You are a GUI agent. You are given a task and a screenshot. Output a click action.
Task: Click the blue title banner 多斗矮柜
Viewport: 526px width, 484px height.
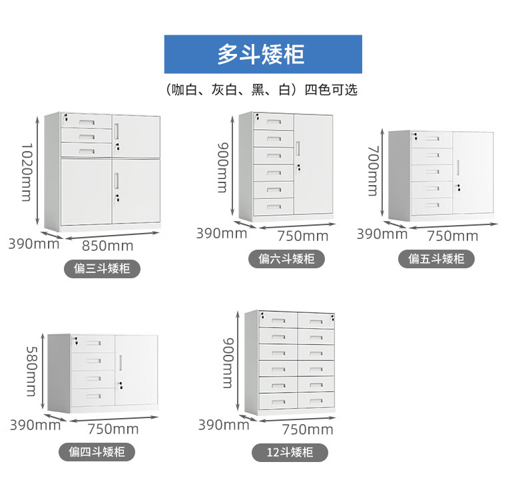(x=263, y=54)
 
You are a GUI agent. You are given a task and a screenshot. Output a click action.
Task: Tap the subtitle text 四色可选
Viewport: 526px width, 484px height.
(x=331, y=90)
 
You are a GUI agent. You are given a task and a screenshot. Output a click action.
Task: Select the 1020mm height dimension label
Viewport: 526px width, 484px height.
(x=26, y=172)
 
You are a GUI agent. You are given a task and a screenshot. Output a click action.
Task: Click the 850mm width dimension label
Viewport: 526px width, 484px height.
(x=108, y=246)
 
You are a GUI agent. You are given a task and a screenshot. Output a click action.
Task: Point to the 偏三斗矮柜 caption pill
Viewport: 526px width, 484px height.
(x=102, y=269)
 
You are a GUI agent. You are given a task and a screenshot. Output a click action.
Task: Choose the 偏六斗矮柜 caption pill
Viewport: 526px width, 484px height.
(x=286, y=258)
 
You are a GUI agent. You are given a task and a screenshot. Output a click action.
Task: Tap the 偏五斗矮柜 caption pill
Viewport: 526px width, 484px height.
(x=436, y=258)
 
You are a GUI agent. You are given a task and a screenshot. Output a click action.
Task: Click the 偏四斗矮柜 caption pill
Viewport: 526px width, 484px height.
(x=97, y=452)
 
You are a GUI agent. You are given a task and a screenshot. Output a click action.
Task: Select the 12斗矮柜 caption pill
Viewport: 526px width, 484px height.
(x=290, y=453)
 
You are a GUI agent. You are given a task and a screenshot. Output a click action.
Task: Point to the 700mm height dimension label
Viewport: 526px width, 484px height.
(x=374, y=170)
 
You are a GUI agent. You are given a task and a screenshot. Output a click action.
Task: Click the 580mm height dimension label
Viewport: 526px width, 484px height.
(x=31, y=371)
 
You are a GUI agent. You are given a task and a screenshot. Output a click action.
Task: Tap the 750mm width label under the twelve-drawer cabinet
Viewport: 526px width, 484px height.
(x=308, y=429)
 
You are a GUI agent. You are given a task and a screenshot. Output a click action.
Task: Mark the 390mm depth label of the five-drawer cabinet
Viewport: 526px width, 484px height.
(x=382, y=234)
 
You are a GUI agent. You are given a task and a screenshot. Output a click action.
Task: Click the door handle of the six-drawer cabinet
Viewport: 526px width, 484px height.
(x=298, y=148)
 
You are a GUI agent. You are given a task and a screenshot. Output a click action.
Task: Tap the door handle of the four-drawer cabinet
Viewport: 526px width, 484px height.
(x=120, y=363)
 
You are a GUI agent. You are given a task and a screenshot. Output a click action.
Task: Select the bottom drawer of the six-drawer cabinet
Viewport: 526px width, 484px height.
(x=274, y=206)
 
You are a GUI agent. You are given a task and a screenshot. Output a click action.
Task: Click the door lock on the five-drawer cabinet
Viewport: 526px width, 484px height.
(x=457, y=188)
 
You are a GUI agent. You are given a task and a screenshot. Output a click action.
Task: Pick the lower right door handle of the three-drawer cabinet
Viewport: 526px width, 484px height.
(x=116, y=180)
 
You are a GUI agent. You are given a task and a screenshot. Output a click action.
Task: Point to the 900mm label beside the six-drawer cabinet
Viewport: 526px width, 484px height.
(x=223, y=168)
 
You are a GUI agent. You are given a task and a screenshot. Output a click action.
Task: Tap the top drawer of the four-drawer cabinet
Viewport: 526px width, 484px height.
(x=93, y=344)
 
